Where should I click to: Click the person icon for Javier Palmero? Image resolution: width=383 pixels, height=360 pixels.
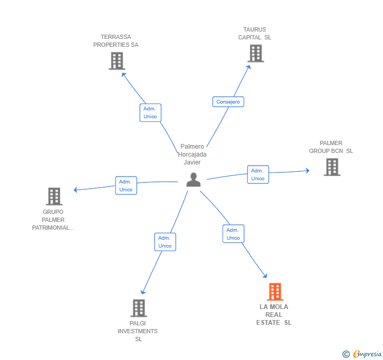(194, 180)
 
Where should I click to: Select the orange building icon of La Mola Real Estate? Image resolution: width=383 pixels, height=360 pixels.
(275, 292)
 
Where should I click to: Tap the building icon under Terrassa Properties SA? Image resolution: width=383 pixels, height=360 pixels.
(117, 61)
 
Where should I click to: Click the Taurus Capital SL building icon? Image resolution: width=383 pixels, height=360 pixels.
(256, 54)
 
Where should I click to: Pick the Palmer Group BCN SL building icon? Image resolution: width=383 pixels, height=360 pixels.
(332, 167)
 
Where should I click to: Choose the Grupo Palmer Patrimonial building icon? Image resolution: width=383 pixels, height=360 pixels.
(54, 197)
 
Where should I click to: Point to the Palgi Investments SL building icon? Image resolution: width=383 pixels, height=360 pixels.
(139, 308)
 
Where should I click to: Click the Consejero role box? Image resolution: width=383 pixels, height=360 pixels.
(228, 102)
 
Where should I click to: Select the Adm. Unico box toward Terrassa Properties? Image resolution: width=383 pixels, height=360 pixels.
(150, 112)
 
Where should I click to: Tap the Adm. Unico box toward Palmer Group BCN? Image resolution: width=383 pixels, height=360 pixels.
(258, 174)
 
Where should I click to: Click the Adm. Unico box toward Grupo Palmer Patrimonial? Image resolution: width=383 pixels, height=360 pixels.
(126, 186)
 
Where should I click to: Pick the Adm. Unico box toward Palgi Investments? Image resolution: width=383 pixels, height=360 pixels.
(165, 242)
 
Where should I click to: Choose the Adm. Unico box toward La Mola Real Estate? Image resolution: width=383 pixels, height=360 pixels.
(233, 234)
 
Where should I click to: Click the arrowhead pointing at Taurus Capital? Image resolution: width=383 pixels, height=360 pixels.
(249, 67)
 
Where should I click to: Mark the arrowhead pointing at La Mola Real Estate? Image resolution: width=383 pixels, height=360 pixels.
(265, 276)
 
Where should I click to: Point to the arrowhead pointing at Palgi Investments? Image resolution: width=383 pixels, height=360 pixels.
(143, 292)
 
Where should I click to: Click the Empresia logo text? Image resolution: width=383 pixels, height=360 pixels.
(367, 354)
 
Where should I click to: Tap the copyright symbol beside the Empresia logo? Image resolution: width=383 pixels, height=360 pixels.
(346, 354)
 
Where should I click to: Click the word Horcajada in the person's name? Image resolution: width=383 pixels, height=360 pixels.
(192, 155)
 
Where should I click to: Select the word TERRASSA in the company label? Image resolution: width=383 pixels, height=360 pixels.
(116, 37)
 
